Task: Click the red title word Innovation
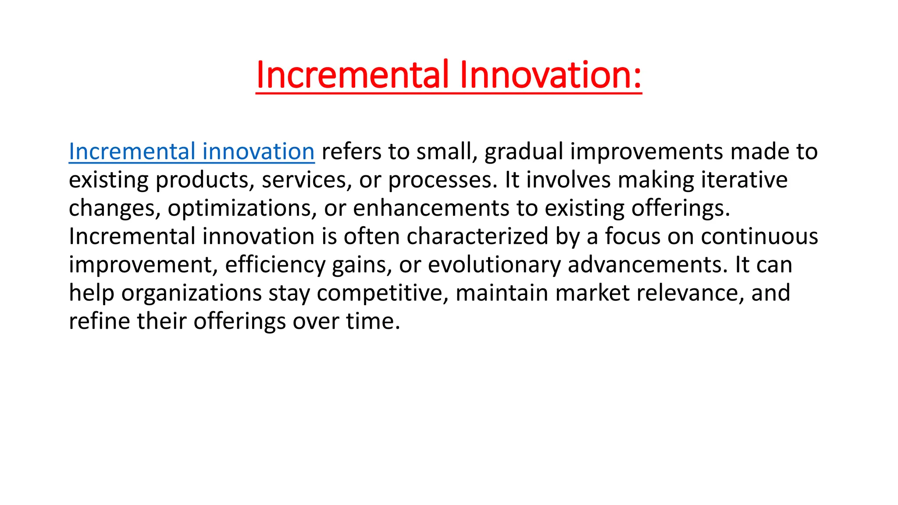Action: [x=550, y=75]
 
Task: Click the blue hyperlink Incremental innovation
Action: [x=192, y=152]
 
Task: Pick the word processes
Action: [x=443, y=180]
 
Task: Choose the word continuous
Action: [x=759, y=237]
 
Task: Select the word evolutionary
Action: [x=494, y=265]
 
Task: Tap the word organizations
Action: [x=192, y=293]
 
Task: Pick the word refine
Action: [x=100, y=321]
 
